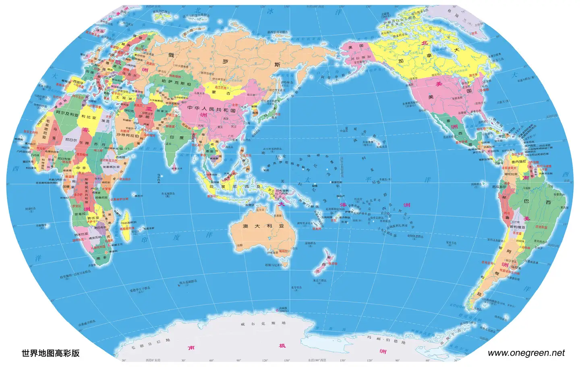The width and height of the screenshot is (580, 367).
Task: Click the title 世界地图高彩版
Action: click(x=50, y=353)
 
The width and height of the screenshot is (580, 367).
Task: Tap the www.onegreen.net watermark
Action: click(x=526, y=353)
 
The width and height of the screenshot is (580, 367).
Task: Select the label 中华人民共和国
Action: click(x=211, y=109)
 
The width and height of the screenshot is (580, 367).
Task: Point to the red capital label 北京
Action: click(x=235, y=105)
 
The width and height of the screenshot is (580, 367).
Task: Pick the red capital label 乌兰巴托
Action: click(x=221, y=87)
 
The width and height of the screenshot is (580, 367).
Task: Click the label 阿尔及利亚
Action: click(x=67, y=114)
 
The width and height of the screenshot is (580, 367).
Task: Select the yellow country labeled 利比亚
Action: click(x=89, y=117)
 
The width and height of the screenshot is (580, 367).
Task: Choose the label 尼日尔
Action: click(x=70, y=140)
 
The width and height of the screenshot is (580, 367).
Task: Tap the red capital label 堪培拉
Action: click(x=284, y=251)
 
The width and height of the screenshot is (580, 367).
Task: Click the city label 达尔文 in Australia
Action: click(x=260, y=210)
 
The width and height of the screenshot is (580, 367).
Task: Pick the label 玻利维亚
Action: click(x=518, y=227)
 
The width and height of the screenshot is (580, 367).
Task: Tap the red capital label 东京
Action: click(x=278, y=114)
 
